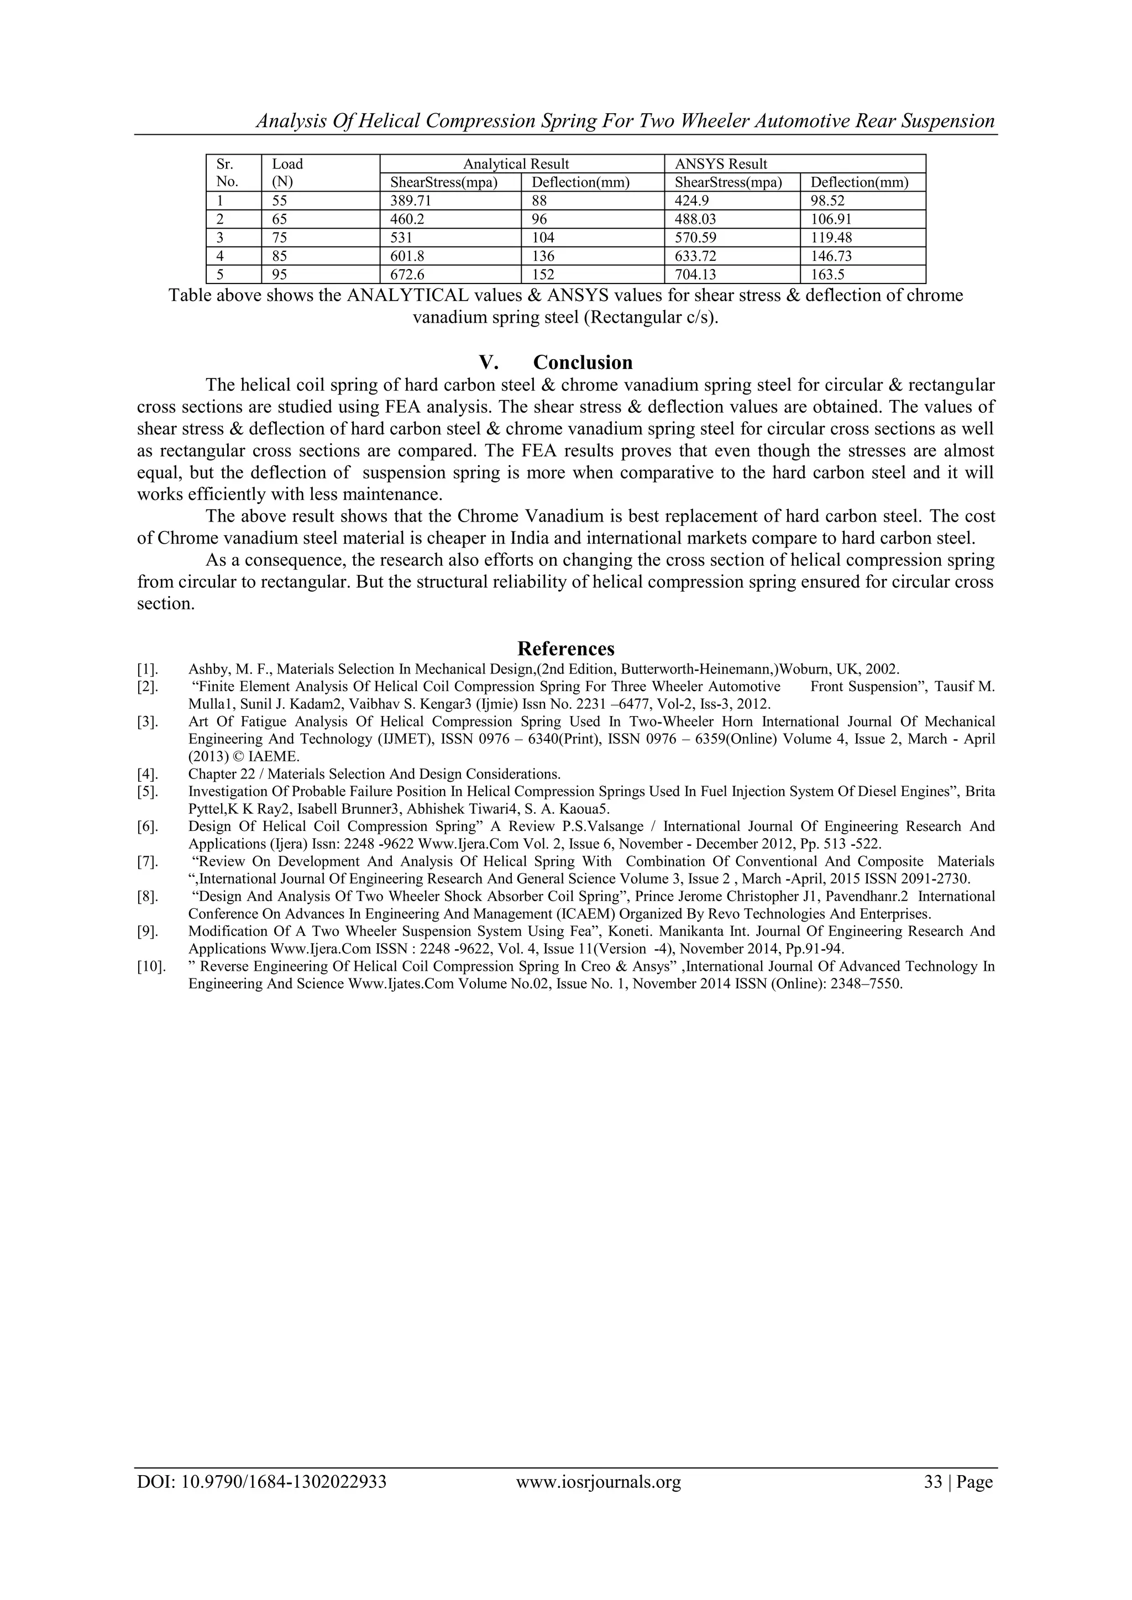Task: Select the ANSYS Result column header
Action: click(721, 164)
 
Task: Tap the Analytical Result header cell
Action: click(516, 164)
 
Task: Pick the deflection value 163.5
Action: click(827, 275)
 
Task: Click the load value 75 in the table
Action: click(280, 238)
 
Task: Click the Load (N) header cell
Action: click(287, 173)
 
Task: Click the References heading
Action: click(566, 649)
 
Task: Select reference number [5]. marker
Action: click(147, 792)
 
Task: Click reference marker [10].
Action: click(150, 966)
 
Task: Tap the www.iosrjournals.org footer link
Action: click(598, 1501)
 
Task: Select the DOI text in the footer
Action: click(261, 1501)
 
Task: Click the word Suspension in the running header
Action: click(948, 121)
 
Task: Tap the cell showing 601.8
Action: click(406, 256)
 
